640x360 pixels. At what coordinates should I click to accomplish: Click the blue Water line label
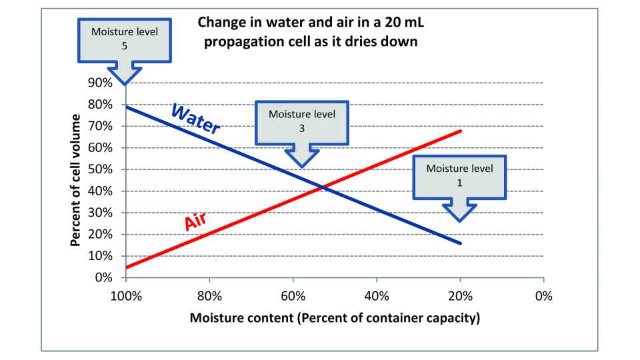click(195, 119)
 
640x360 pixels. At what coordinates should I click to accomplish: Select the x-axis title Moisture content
click(335, 318)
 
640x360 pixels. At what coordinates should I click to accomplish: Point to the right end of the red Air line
click(460, 131)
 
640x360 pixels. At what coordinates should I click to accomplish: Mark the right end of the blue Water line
click(460, 243)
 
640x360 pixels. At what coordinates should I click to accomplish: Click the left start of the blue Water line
click(126, 106)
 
